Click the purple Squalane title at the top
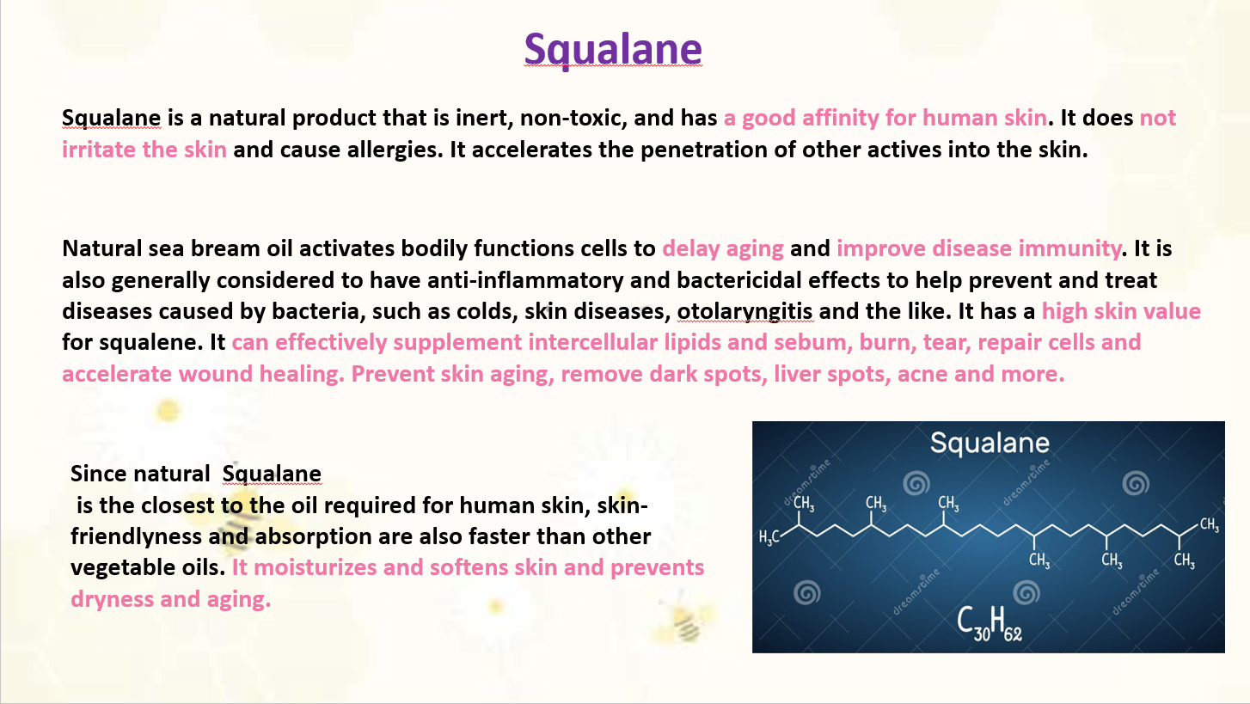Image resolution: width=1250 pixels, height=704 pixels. [x=613, y=49]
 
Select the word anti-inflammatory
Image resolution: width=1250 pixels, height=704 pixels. [x=525, y=280]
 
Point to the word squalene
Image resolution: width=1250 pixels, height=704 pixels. [x=150, y=342]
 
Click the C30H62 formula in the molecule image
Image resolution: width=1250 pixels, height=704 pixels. [x=990, y=623]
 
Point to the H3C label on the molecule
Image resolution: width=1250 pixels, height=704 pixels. [x=769, y=537]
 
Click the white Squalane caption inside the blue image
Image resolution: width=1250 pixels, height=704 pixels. [x=990, y=443]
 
